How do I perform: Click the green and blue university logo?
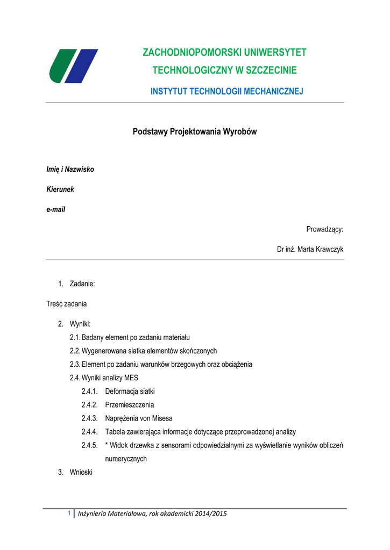coord(73,66)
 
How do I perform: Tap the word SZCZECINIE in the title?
coord(269,70)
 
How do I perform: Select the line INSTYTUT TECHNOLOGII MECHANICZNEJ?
coord(226,92)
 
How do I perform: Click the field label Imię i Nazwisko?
coord(70,170)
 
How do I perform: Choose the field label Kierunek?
coord(60,190)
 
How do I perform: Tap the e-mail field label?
coord(56,209)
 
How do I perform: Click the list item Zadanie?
coord(82,283)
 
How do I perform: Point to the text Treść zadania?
coord(67,303)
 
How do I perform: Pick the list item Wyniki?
coord(80,324)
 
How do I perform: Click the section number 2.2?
coord(75,351)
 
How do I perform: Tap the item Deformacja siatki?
coord(130,391)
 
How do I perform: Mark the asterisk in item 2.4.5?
coord(107,445)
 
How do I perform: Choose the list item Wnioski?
coord(81,473)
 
